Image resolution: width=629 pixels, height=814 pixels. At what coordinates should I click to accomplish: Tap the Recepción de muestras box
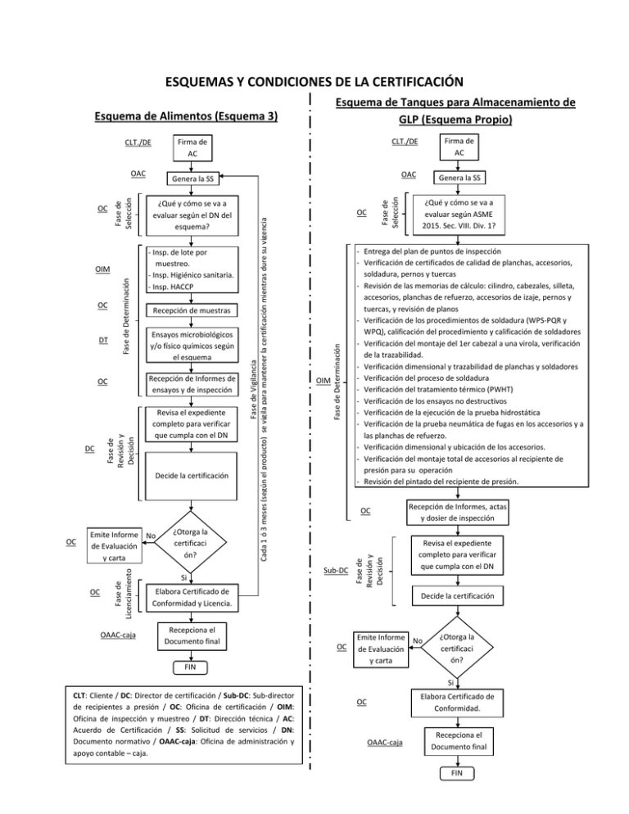point(191,311)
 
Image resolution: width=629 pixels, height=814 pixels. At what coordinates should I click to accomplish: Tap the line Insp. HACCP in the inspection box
point(170,287)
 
